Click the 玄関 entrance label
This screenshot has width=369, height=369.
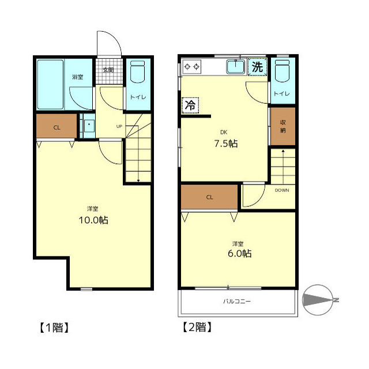(x=108, y=70)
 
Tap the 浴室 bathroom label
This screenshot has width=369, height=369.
(x=78, y=77)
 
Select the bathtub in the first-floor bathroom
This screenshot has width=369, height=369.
(x=50, y=85)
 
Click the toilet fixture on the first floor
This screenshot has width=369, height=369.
(x=137, y=71)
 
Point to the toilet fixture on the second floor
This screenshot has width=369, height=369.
(x=282, y=71)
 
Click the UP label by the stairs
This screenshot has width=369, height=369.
(x=119, y=126)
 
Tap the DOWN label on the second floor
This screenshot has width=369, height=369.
(x=282, y=190)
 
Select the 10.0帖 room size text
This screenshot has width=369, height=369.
(x=93, y=220)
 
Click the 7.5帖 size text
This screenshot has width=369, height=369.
(x=226, y=144)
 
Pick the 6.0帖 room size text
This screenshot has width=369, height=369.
(x=240, y=254)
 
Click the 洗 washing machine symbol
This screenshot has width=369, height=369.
(x=257, y=67)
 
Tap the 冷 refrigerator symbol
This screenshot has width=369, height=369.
(x=190, y=106)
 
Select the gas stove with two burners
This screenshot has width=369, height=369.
(x=192, y=67)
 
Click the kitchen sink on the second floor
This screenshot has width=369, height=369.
(x=236, y=67)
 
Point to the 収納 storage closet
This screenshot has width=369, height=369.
(x=283, y=126)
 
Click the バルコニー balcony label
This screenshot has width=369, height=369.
(x=237, y=301)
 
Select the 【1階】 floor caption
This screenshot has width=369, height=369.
(x=54, y=327)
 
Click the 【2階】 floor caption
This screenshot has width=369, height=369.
(x=197, y=327)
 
